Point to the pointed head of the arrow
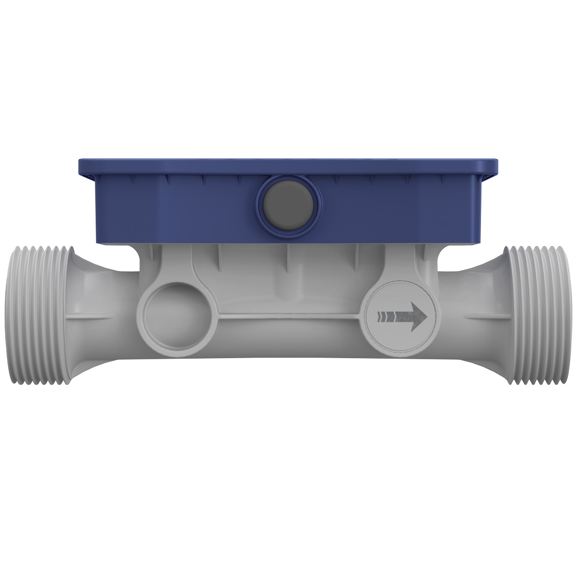tap(419, 317)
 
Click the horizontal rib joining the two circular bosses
tap(285, 319)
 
